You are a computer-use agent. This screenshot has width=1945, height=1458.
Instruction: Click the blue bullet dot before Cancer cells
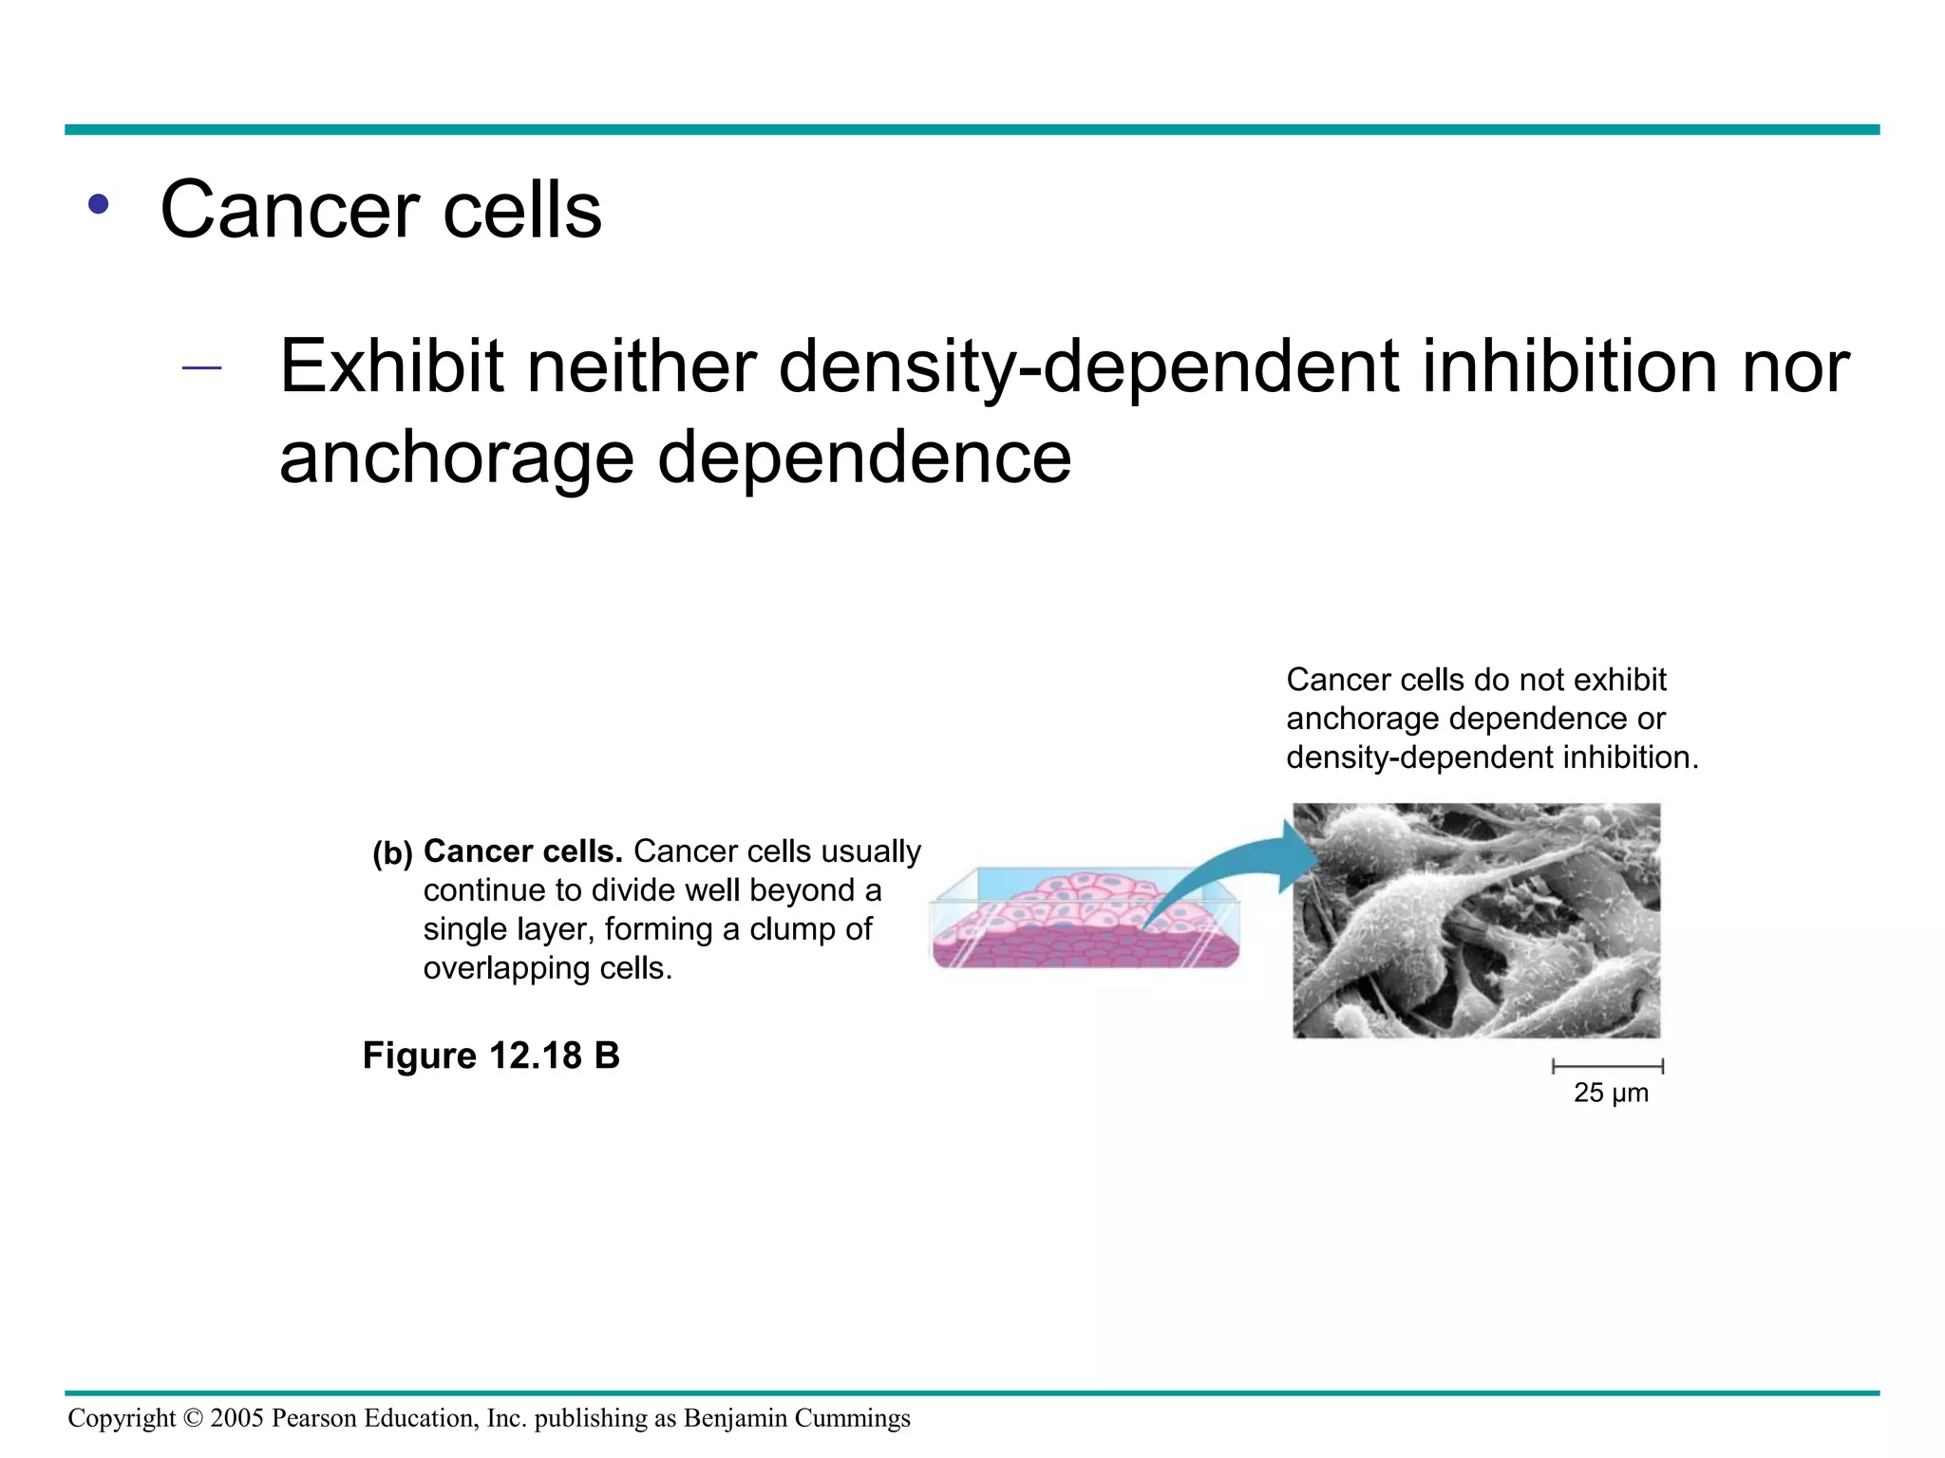98,204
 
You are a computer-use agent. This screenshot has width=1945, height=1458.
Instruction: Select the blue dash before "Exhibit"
201,368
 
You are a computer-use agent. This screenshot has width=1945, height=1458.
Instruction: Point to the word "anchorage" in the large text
456,458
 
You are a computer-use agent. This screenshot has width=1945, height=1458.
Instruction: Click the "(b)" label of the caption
392,854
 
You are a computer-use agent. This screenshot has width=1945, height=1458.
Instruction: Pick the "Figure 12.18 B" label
491,1056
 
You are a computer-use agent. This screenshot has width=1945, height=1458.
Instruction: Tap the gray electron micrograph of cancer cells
1476,921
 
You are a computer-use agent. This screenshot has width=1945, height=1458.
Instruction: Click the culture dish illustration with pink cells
1084,921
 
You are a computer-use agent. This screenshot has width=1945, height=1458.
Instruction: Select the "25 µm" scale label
1611,1093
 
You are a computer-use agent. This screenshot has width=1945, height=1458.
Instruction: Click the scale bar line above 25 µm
1608,1066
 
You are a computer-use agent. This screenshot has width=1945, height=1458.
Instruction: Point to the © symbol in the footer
193,1419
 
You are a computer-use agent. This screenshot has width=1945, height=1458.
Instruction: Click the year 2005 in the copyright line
236,1419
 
